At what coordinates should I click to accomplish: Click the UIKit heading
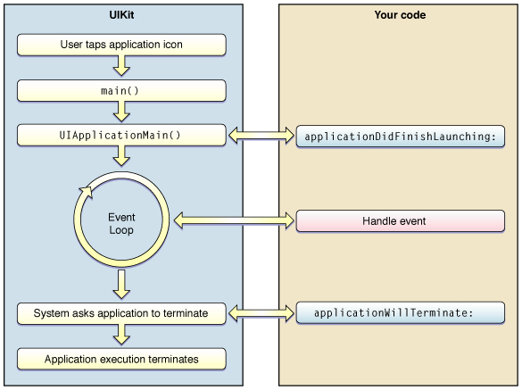coord(121,15)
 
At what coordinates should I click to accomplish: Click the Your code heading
coord(400,15)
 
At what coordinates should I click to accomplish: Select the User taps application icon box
coord(121,45)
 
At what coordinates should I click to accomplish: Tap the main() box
coord(121,90)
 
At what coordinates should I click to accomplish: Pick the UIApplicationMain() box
coord(121,136)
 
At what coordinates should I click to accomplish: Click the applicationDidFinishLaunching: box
coord(400,137)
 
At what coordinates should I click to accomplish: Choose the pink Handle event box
coord(400,220)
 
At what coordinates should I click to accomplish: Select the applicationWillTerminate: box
coord(400,312)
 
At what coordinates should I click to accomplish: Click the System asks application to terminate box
coord(121,313)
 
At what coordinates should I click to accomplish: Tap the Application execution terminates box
coord(121,359)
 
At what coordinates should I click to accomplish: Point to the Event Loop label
coord(121,223)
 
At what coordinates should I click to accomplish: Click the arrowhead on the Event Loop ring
coord(87,193)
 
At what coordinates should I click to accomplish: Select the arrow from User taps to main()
coord(121,66)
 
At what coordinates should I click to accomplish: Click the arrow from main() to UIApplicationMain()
coord(121,112)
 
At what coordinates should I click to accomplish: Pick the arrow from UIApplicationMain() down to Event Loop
coord(121,156)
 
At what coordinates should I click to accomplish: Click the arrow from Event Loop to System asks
coord(121,284)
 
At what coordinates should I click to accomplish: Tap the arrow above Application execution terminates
coord(121,335)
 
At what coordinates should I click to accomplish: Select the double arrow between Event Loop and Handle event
coord(234,220)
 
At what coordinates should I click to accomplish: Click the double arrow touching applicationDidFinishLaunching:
coord(261,136)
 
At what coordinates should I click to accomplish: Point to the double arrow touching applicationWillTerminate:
coord(261,313)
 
